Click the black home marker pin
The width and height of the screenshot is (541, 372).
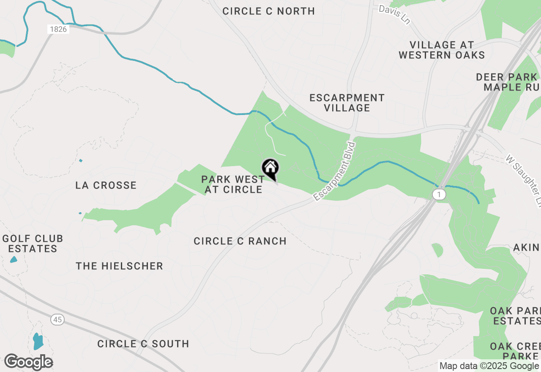click(270, 169)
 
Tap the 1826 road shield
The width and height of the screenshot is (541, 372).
click(58, 30)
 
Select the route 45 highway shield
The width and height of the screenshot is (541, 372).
click(58, 320)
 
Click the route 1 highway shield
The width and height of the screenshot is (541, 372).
click(439, 194)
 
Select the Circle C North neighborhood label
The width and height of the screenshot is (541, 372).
click(268, 11)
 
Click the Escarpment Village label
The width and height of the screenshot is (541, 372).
click(347, 103)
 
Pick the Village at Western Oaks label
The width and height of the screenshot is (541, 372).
click(442, 50)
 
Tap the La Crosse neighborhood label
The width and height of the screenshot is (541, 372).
click(106, 185)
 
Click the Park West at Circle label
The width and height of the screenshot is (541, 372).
click(233, 184)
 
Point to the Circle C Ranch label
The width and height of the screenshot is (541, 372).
click(240, 241)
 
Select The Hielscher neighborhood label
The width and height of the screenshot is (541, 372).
click(120, 266)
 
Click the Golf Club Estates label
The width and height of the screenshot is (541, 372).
click(33, 243)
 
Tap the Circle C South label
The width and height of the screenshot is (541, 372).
click(143, 344)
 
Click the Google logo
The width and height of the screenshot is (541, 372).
click(28, 362)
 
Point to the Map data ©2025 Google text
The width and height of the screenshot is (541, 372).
click(489, 366)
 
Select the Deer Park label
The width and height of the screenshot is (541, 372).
click(506, 77)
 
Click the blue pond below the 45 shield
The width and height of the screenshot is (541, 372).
click(38, 341)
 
